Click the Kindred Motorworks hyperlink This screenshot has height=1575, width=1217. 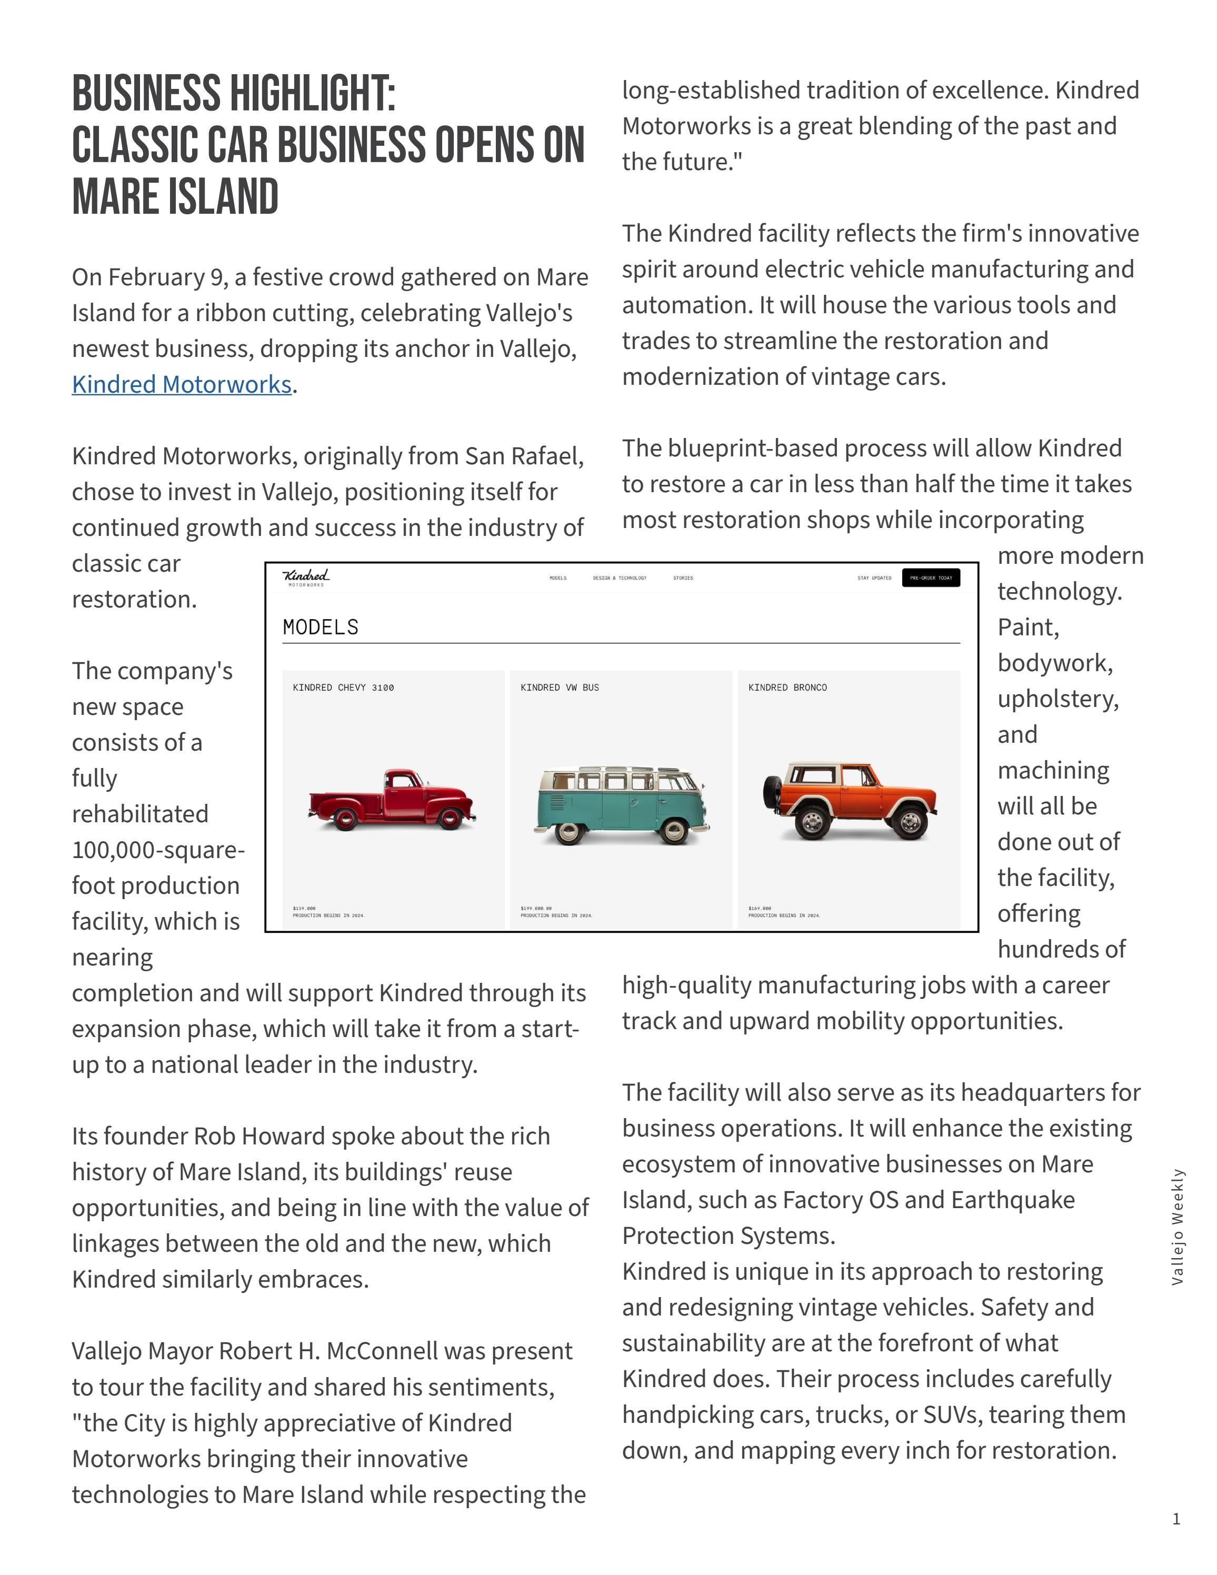[x=182, y=384]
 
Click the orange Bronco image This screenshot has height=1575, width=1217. [x=851, y=801]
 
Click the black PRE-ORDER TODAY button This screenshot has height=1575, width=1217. [x=931, y=577]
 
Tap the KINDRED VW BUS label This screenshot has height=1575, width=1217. [x=560, y=687]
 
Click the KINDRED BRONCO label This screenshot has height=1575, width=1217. [x=787, y=687]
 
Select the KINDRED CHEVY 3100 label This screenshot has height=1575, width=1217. [x=343, y=687]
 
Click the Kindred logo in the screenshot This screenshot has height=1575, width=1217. [x=306, y=577]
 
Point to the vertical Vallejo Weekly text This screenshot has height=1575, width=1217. [x=1178, y=1227]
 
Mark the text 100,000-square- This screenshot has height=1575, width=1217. [x=158, y=850]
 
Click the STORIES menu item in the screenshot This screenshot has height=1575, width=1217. [x=683, y=577]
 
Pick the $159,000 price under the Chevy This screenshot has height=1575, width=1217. [x=304, y=908]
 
